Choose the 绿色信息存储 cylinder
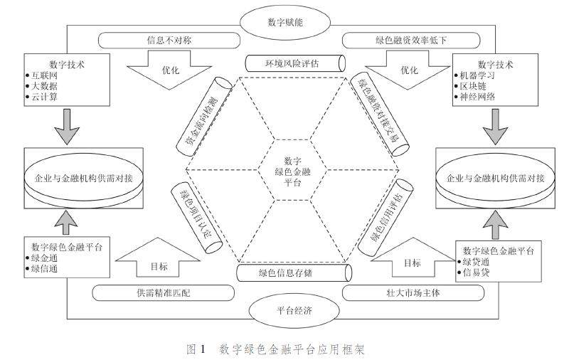292,272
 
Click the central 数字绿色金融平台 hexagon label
292,171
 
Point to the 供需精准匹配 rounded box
163,292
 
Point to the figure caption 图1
196,349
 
